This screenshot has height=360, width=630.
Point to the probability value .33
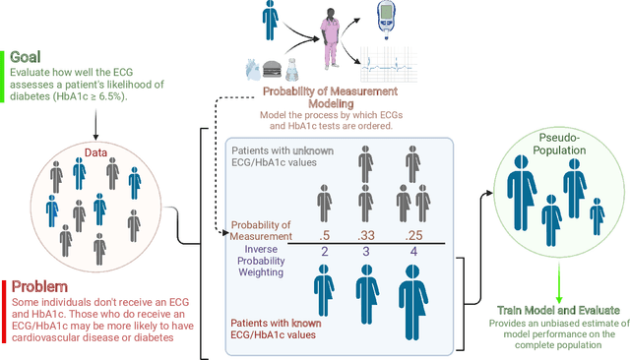tap(365, 234)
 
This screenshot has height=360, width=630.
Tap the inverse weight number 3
tap(365, 252)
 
